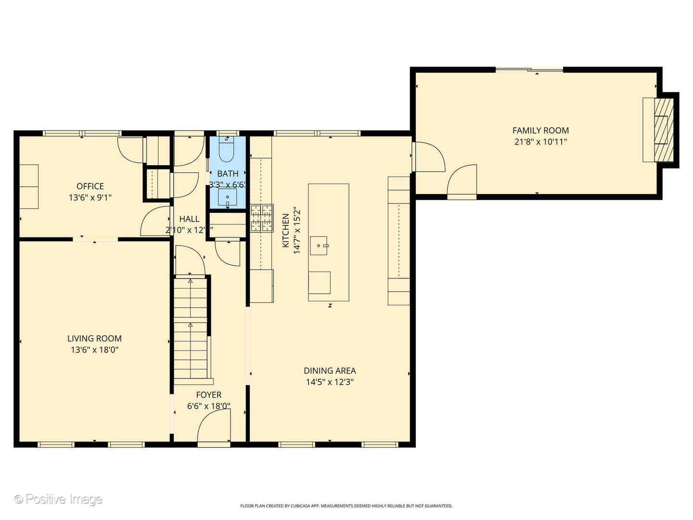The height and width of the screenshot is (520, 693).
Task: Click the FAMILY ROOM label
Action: (x=540, y=130)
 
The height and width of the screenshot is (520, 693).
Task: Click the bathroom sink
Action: (x=228, y=197)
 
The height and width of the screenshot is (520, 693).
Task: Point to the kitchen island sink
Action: (x=319, y=245)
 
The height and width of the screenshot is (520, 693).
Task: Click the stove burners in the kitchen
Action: (x=261, y=218)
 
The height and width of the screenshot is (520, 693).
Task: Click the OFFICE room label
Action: (x=90, y=186)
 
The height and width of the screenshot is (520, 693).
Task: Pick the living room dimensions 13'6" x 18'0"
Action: (x=94, y=350)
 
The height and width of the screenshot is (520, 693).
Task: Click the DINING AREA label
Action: (x=330, y=371)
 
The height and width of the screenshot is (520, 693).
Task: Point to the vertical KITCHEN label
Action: (x=286, y=231)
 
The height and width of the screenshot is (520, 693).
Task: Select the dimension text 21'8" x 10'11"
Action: (x=540, y=142)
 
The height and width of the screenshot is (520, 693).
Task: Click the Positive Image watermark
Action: (x=58, y=499)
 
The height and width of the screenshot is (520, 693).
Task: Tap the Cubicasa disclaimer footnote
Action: (x=346, y=506)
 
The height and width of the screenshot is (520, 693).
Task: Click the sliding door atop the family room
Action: (x=529, y=70)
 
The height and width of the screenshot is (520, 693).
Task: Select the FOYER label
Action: (x=208, y=395)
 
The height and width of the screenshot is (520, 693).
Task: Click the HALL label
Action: (x=189, y=219)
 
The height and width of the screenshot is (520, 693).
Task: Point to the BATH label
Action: (x=228, y=174)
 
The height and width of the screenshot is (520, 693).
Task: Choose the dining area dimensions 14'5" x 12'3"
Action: (x=330, y=382)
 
